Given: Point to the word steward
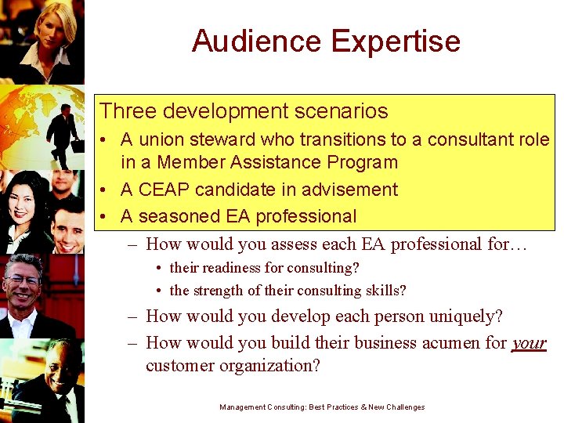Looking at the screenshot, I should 228,139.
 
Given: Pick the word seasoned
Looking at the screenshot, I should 174,216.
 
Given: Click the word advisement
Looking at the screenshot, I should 350,190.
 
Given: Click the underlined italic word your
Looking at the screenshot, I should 529,343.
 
